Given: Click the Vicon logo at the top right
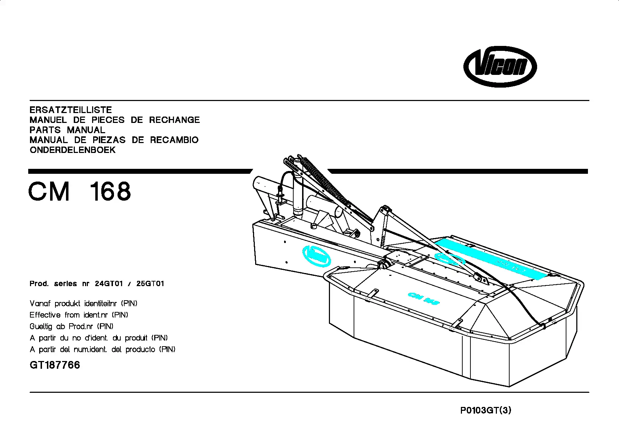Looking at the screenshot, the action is pos(500,67).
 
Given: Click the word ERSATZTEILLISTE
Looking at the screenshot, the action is pos(71,110).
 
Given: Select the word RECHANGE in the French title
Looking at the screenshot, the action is pos(174,120).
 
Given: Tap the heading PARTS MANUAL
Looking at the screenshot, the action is pos(67,130).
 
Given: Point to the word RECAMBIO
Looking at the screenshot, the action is pos(174,140).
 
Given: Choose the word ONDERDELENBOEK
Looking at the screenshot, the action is pos(73,150).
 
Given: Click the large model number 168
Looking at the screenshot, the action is pos(110,191).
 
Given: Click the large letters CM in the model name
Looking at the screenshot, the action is pos(49,191).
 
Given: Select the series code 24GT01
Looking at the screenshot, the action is pos(109,284).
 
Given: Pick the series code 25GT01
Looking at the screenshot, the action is pos(150,284).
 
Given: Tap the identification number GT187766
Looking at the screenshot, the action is pos(55,365).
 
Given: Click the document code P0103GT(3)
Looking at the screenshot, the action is pos(486,410).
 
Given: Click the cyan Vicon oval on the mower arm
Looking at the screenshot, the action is pos(317,256).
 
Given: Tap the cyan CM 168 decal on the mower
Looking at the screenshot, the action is pos(423,298).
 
